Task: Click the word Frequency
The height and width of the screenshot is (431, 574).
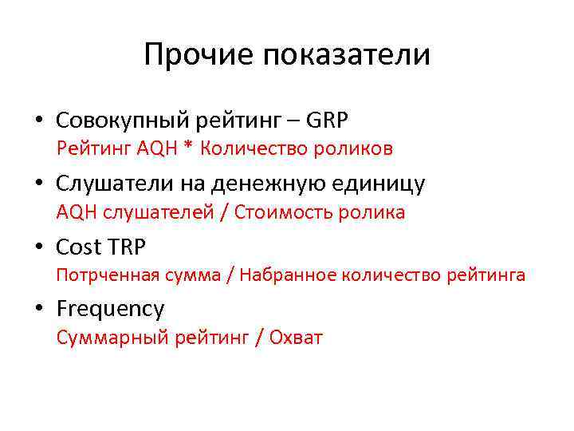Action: tap(110, 310)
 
